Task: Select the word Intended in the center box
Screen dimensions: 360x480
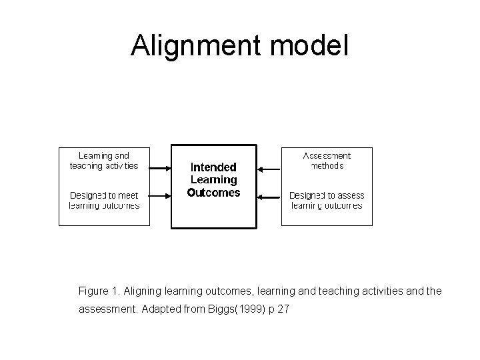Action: pyautogui.click(x=213, y=167)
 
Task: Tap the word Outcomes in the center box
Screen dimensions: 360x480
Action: pyautogui.click(x=213, y=193)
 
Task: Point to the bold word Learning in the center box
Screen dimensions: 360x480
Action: pyautogui.click(x=213, y=180)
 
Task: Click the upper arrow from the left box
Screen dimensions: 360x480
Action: pyautogui.click(x=161, y=169)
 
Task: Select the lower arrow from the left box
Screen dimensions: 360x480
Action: pyautogui.click(x=161, y=196)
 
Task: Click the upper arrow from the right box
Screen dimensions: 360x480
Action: pyautogui.click(x=269, y=169)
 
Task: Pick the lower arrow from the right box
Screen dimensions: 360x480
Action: pyautogui.click(x=269, y=196)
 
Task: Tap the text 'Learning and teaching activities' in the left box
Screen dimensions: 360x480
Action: pyautogui.click(x=104, y=161)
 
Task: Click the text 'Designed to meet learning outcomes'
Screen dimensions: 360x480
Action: pyautogui.click(x=104, y=201)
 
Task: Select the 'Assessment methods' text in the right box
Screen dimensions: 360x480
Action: pyautogui.click(x=327, y=161)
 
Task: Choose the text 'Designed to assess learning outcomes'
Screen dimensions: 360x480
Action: pyautogui.click(x=327, y=201)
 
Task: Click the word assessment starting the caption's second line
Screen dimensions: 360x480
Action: pyautogui.click(x=107, y=310)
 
